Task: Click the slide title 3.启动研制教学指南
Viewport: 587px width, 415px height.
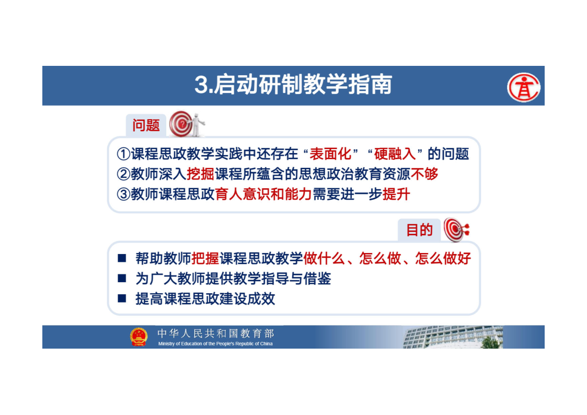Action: coord(293,85)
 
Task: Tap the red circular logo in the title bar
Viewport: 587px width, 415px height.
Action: coord(523,87)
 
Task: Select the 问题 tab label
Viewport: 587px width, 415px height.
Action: coord(146,125)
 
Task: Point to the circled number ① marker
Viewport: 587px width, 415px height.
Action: coord(123,154)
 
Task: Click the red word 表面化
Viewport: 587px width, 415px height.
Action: coord(330,154)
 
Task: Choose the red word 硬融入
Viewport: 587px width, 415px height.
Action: coord(395,154)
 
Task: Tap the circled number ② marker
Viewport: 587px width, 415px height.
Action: coord(123,174)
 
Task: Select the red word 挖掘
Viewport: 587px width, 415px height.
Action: coord(200,174)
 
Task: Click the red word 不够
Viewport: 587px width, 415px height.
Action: coord(424,174)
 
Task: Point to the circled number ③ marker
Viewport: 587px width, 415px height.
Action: coord(123,194)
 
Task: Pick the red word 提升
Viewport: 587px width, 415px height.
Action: coord(396,194)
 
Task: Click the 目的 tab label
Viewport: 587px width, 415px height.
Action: coord(420,230)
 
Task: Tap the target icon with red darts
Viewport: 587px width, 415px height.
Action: coord(456,229)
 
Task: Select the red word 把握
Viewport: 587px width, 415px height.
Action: coord(205,259)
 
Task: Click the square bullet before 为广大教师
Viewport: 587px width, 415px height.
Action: coord(122,278)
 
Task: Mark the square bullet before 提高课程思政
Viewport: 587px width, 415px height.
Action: coord(122,298)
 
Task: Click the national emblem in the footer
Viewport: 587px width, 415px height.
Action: coord(139,337)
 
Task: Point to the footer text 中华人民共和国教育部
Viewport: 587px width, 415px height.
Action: coord(216,333)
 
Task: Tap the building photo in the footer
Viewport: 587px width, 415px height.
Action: coord(453,337)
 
